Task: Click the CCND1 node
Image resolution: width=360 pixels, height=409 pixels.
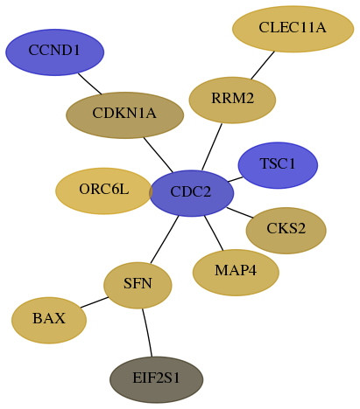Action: pyautogui.click(x=54, y=52)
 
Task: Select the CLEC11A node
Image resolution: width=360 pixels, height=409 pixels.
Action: pyautogui.click(x=293, y=29)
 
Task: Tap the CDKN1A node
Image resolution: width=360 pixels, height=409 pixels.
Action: pyautogui.click(x=124, y=115)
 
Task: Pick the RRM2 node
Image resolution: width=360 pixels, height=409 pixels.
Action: pyautogui.click(x=232, y=101)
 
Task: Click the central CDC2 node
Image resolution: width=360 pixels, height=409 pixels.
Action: pyautogui.click(x=192, y=193)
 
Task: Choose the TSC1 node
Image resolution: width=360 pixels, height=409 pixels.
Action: pyautogui.click(x=278, y=165)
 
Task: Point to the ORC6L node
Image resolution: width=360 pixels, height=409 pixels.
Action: pyautogui.click(x=104, y=191)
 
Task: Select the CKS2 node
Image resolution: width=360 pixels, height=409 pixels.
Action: pyautogui.click(x=286, y=231)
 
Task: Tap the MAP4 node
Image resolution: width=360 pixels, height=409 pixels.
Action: pyautogui.click(x=236, y=273)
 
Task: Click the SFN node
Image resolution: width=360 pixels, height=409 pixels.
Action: pyautogui.click(x=138, y=286)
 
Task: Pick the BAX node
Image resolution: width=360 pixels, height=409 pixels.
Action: pyautogui.click(x=49, y=321)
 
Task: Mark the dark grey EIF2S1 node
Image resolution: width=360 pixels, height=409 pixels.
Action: pyautogui.click(x=157, y=380)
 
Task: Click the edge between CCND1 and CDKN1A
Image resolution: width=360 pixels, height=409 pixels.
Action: pyautogui.click(x=89, y=84)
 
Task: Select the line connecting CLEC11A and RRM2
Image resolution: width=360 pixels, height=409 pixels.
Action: pyautogui.click(x=263, y=65)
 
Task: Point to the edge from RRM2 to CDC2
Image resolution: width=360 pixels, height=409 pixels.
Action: pyautogui.click(x=212, y=147)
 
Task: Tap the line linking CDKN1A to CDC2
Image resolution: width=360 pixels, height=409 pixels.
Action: pyautogui.click(x=159, y=155)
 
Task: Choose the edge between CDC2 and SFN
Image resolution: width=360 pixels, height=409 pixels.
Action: pyautogui.click(x=165, y=239)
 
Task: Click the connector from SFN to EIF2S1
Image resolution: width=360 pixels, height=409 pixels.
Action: pyautogui.click(x=147, y=332)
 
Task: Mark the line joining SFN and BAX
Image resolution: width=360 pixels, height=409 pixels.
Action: pyautogui.click(x=95, y=302)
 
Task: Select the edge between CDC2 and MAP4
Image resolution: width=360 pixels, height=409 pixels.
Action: pyautogui.click(x=214, y=233)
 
